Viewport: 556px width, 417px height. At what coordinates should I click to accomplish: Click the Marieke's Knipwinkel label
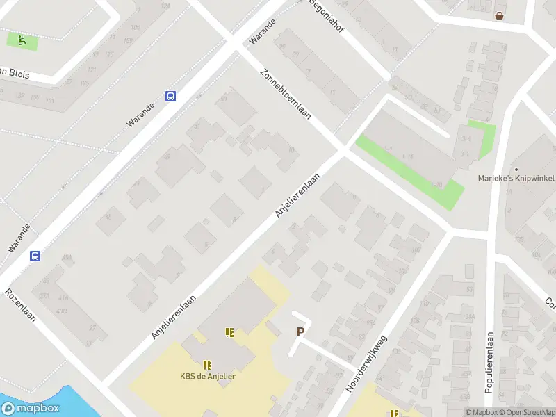pos(516,178)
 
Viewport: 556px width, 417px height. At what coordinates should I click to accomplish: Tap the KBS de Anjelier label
pos(208,377)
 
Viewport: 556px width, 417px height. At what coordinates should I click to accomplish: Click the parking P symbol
pos(300,332)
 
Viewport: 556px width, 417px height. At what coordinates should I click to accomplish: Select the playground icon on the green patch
pos(22,41)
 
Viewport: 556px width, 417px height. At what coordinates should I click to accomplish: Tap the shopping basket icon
pos(499,15)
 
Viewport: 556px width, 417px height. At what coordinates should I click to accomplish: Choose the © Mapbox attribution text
pos(481,412)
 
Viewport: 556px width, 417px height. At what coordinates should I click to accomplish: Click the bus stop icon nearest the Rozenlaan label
pos(35,256)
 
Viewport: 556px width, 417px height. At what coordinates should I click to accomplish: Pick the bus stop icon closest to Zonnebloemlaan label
pos(170,97)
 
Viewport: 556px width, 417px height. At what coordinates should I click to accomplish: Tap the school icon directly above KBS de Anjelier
pos(207,364)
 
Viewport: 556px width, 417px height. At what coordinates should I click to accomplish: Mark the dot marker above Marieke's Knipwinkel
pos(516,169)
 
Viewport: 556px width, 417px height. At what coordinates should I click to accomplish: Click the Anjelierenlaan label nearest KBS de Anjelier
pos(174,316)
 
